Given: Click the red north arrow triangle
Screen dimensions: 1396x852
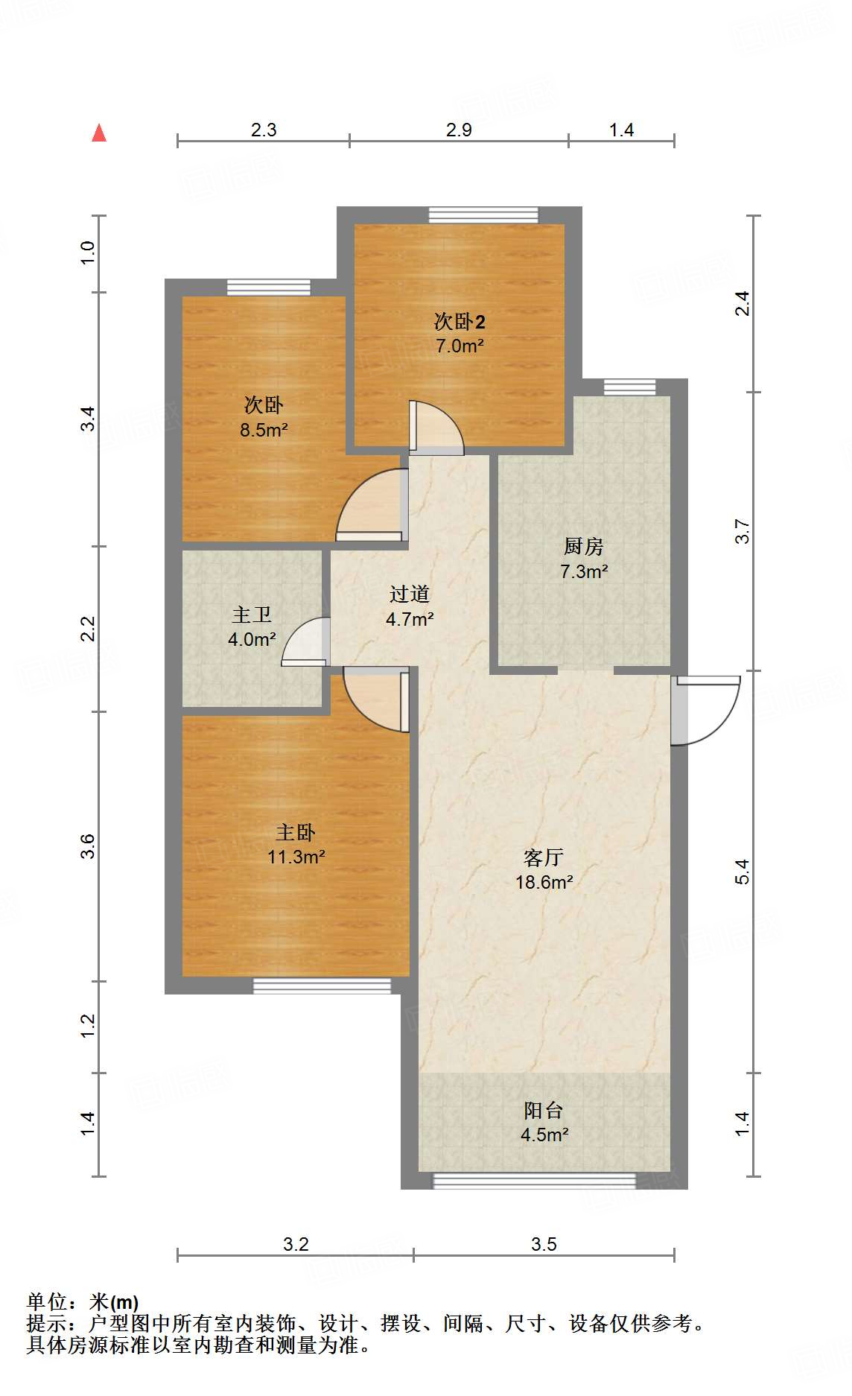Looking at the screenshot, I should click(x=99, y=133).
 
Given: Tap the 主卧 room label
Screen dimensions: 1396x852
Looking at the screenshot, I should click(x=296, y=832).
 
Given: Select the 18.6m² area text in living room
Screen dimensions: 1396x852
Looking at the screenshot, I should click(x=544, y=883).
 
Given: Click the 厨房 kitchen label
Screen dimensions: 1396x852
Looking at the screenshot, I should click(x=583, y=547).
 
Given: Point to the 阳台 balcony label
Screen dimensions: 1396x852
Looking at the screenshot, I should click(x=543, y=1111).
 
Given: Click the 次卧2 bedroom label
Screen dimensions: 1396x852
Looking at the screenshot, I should click(x=460, y=322).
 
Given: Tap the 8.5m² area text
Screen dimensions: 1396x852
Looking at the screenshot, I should click(x=264, y=430).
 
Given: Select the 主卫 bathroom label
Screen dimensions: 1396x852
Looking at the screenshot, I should click(x=252, y=615).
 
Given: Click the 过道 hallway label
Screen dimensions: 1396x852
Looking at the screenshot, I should click(x=410, y=594).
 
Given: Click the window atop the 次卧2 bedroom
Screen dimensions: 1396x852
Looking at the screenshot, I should click(x=483, y=215).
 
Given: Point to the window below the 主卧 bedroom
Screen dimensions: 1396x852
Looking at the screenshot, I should click(x=322, y=986).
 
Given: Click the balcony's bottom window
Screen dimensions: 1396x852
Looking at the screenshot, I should click(x=534, y=1181).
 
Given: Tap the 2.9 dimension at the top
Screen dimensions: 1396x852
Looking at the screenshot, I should click(x=459, y=130).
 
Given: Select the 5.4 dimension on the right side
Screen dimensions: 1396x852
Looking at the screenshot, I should click(x=742, y=872).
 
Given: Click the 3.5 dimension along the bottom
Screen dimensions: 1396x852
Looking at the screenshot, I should click(x=544, y=1244).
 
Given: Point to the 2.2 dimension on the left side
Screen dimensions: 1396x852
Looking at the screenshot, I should click(x=89, y=628).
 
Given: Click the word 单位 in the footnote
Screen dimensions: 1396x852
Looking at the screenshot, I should click(x=48, y=1301).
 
